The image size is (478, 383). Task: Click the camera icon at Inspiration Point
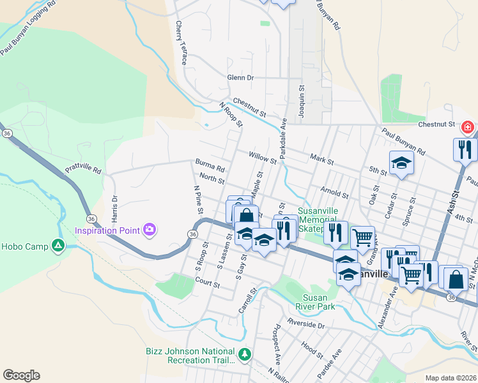(150, 229)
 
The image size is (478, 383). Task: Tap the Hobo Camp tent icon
(58, 245)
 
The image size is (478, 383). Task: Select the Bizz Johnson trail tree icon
(243, 354)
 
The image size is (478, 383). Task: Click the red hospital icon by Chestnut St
(468, 128)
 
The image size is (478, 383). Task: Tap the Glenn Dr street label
(240, 78)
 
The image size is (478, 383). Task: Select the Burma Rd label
(211, 169)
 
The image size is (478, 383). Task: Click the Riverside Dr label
(305, 324)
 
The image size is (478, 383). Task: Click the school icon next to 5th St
(401, 163)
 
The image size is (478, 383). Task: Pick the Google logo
(21, 375)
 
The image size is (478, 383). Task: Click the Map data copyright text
(450, 378)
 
